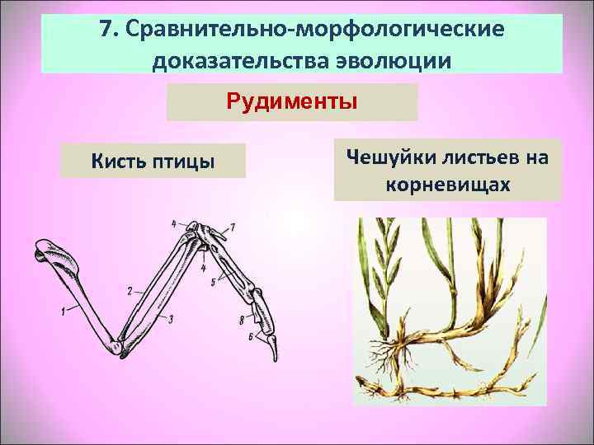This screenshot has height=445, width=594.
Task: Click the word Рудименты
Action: coord(292,103)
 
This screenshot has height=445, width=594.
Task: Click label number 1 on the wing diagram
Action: coord(62,310)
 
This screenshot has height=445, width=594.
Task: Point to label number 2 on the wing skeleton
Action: coord(130,290)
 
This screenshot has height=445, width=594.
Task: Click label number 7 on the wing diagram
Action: coord(233,226)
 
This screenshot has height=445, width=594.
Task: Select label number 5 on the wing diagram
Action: coord(213,282)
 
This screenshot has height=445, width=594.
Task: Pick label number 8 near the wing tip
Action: coord(241,319)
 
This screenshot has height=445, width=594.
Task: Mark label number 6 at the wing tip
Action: coord(250,336)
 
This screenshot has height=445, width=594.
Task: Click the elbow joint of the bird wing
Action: coord(121,347)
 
